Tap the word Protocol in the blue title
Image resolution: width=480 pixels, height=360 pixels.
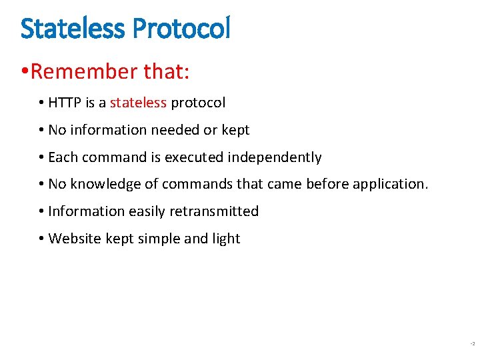click(181, 28)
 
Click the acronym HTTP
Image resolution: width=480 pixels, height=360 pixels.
click(65, 103)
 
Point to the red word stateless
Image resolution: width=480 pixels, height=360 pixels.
click(138, 103)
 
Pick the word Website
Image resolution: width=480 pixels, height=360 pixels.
click(75, 239)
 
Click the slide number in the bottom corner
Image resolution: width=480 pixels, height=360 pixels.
click(472, 344)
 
